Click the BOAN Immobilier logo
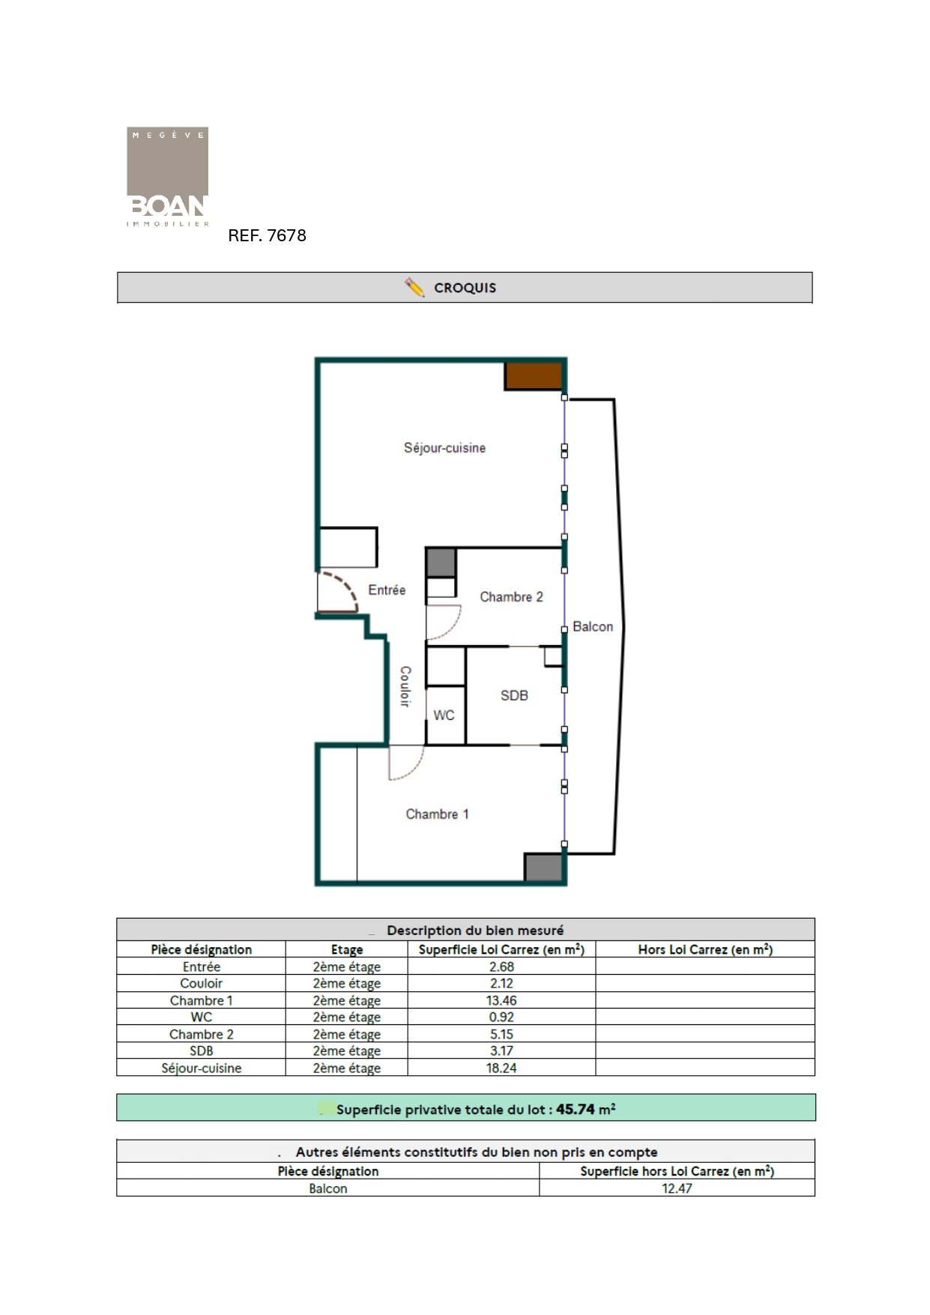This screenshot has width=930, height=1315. point(167,177)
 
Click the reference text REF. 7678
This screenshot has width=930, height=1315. point(267,235)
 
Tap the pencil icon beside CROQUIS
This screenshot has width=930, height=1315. point(414,287)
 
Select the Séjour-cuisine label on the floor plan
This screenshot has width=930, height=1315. point(444,448)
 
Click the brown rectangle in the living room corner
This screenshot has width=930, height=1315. point(533,376)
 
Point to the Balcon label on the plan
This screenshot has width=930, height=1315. point(593,626)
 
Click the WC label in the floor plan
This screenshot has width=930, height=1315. point(444,716)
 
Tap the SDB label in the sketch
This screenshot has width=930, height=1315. point(514,695)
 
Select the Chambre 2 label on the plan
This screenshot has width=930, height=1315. point(511,597)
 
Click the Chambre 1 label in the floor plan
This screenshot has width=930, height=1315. point(437,814)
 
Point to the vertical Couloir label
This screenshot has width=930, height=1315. point(405,686)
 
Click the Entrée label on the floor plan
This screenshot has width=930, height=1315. point(387,590)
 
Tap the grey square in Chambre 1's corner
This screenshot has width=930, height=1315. point(543,867)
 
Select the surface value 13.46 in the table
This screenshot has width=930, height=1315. point(501,1000)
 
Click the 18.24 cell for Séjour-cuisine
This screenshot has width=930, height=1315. point(501,1068)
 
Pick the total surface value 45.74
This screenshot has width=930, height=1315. point(575,1109)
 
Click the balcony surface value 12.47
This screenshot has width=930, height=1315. point(677,1188)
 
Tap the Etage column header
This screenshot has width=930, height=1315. point(347,949)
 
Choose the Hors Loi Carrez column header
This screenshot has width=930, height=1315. point(705,949)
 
